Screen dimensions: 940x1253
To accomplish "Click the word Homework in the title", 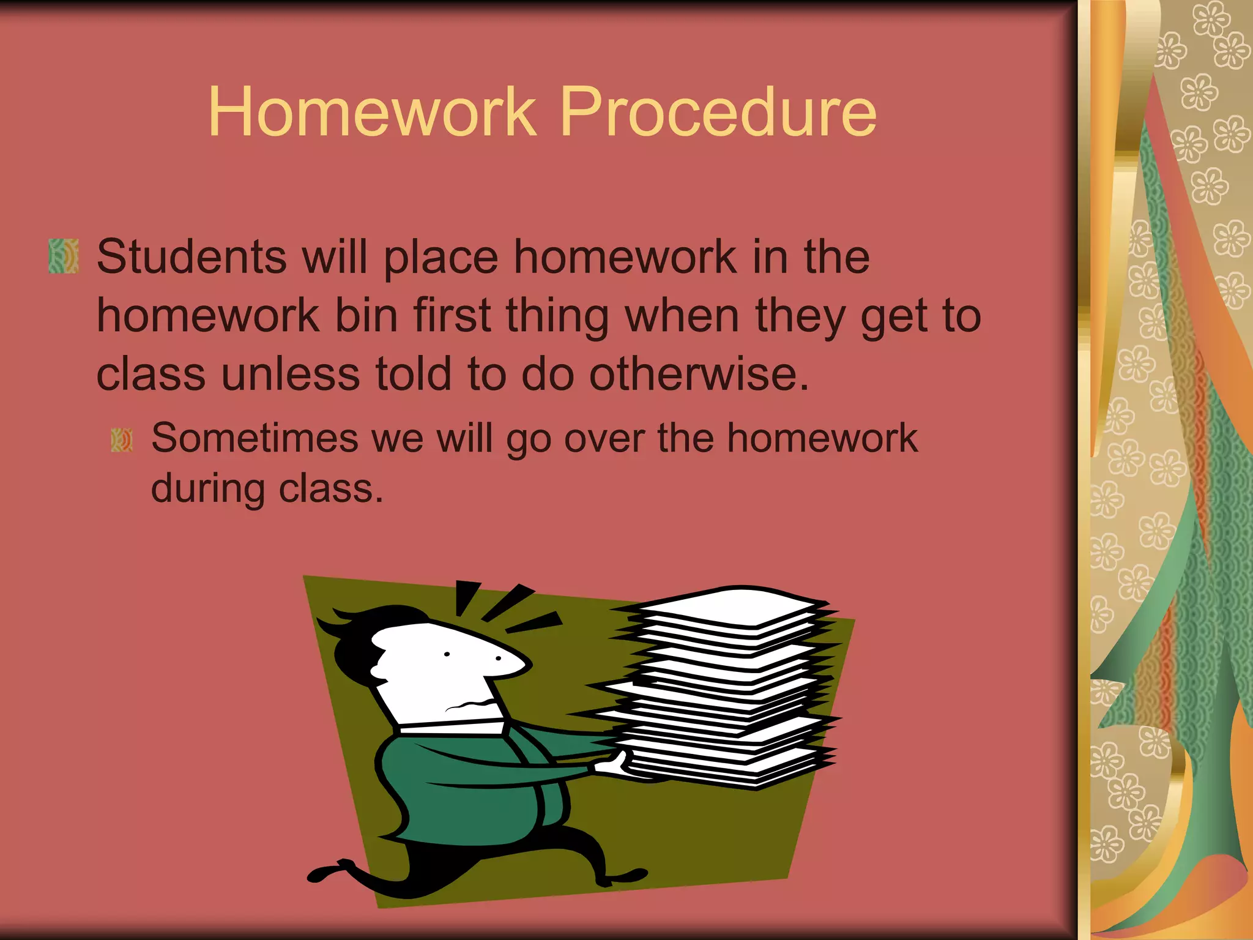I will tap(372, 112).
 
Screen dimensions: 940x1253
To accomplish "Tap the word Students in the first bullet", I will tap(191, 256).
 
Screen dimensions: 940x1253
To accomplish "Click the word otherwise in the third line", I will tap(699, 374).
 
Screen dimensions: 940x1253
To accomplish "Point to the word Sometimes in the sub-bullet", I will tap(255, 438).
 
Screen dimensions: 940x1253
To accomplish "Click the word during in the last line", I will tap(208, 488).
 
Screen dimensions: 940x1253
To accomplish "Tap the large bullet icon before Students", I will tap(64, 256).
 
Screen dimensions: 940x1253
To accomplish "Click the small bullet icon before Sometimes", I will tap(122, 440).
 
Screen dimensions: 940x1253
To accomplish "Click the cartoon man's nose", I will tap(514, 664).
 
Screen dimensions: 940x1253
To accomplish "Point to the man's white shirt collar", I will tap(453, 727).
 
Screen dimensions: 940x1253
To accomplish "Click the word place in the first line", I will tap(441, 256).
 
